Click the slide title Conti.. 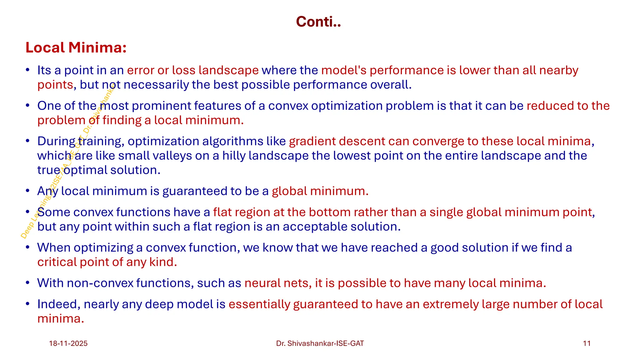point(318,22)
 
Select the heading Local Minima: point(76,47)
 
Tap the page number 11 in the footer point(587,343)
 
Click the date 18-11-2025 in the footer point(68,343)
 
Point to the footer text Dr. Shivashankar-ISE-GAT point(320,343)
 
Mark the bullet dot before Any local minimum point(28,191)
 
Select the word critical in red point(57,262)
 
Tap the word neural point(262,283)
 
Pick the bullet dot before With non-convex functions point(28,283)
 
